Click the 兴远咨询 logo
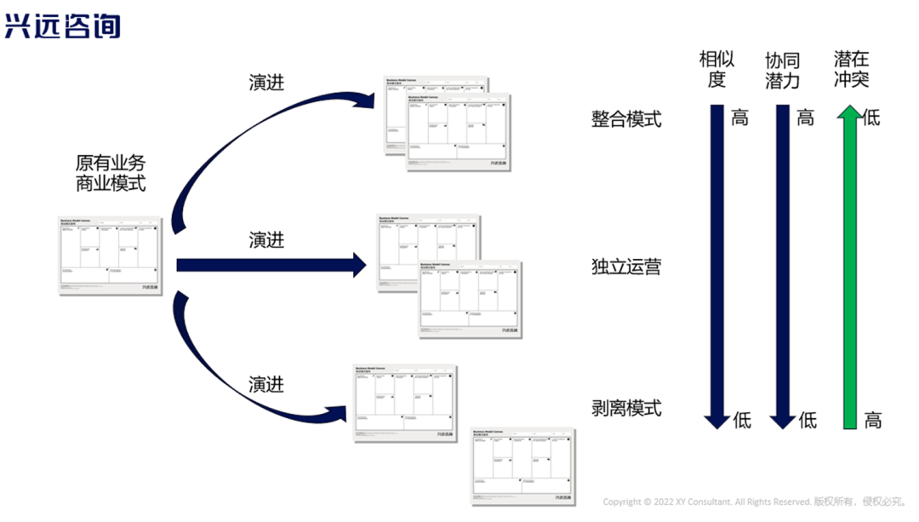coord(62,26)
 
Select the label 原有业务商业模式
coord(111,173)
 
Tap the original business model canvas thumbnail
coord(111,255)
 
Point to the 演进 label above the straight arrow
coord(266,240)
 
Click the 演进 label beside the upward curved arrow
coord(266,83)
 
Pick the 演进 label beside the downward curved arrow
coord(266,384)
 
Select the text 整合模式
coord(626,118)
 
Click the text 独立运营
coord(626,267)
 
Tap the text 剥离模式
coord(626,409)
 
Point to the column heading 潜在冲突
coord(852,70)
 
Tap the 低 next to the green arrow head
coord(871,118)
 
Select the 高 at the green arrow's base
coord(873,419)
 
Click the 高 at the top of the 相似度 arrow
coord(739,118)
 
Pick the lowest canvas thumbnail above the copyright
coord(522,466)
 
